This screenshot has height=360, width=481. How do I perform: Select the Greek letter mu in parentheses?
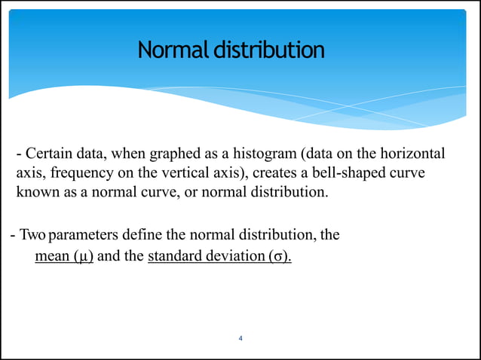pyautogui.click(x=83, y=256)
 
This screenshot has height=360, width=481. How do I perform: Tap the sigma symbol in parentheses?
pyautogui.click(x=278, y=256)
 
